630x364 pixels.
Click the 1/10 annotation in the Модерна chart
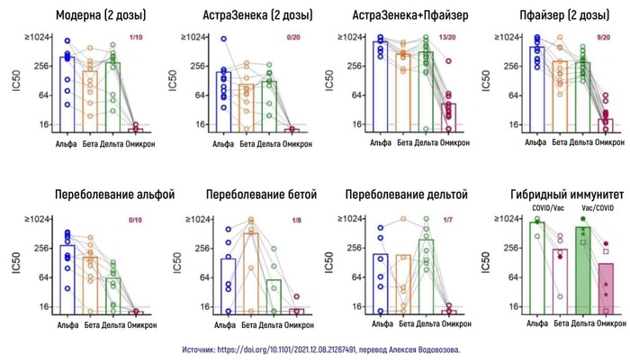[x=135, y=38]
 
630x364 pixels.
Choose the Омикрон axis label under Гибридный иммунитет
[x=605, y=323]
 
